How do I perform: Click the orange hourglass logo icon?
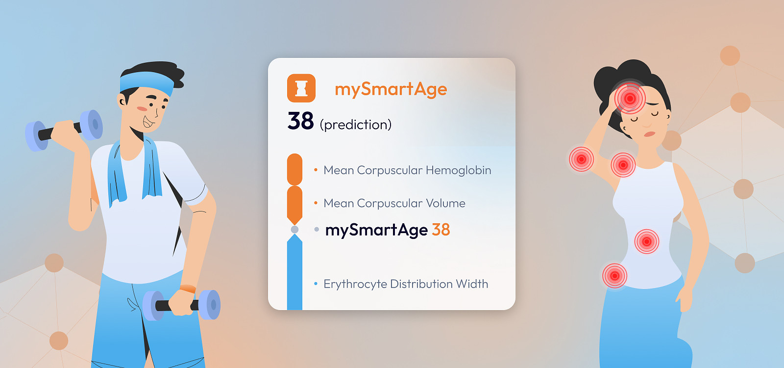[x=301, y=88]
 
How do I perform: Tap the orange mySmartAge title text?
[x=391, y=89]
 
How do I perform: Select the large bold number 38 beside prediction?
[x=300, y=121]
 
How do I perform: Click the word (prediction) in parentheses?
[x=356, y=125]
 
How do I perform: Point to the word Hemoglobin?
[x=459, y=170]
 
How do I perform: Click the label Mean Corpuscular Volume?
[x=394, y=203]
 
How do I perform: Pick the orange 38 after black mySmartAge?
[x=441, y=230]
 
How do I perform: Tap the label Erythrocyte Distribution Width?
[x=406, y=284]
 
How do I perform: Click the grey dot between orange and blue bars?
[x=294, y=229]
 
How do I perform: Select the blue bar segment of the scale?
[x=294, y=273]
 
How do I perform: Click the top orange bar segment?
[x=294, y=169]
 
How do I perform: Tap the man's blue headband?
[x=147, y=83]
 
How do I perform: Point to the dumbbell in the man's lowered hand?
[x=182, y=305]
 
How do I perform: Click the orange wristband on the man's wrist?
[x=188, y=289]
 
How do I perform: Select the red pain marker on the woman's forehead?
[x=630, y=99]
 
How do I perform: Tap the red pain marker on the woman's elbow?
[x=581, y=159]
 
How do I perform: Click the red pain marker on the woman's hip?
[x=614, y=276]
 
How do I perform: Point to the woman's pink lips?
[x=650, y=134]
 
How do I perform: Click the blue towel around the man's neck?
[x=135, y=168]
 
